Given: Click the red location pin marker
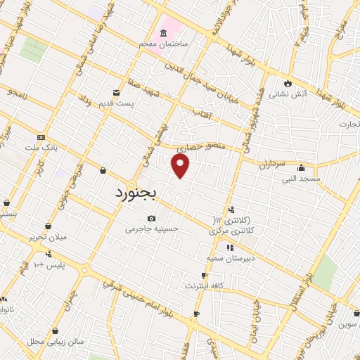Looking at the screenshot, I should point(181,165).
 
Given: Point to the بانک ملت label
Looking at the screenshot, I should point(40,148).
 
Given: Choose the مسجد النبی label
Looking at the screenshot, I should point(301,179).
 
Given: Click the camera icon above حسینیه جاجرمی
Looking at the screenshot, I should point(152,219).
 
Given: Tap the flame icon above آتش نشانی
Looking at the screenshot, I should point(287,81).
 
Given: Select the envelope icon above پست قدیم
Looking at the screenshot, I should point(116,93).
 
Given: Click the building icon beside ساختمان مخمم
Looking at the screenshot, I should point(163,33).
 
